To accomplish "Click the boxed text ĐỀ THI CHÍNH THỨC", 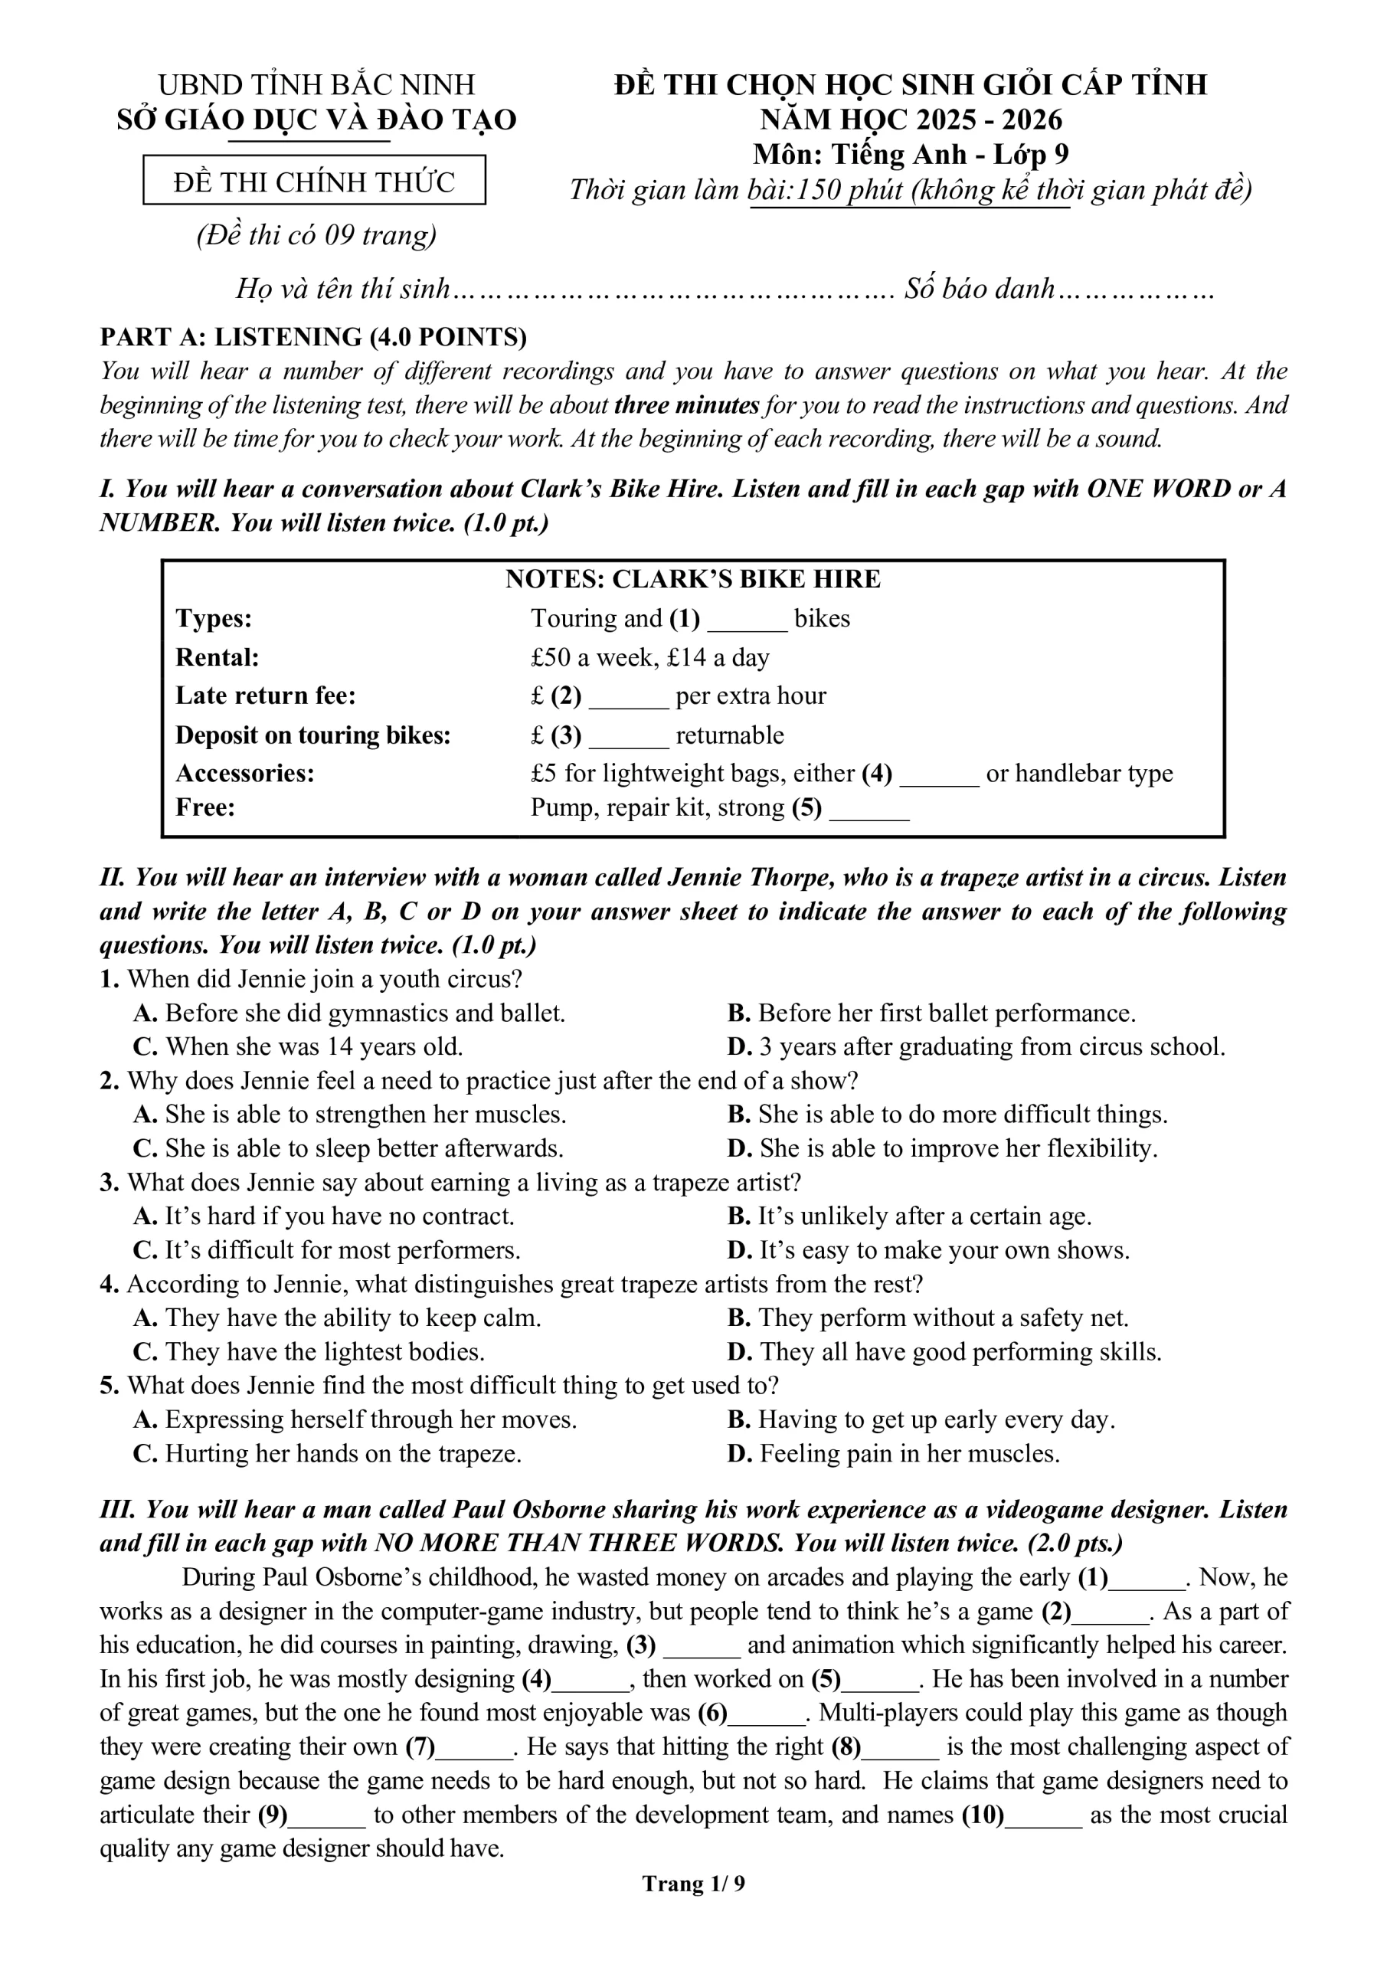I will (313, 182).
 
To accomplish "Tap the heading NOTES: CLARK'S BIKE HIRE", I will (692, 579).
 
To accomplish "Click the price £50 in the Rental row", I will (548, 658).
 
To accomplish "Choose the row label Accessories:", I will (245, 774).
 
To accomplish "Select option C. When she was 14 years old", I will (298, 1047).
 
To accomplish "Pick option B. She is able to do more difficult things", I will (948, 1115).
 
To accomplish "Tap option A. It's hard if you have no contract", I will (324, 1216).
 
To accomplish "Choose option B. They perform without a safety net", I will (928, 1318).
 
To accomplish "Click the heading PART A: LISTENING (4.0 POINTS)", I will (313, 337).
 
